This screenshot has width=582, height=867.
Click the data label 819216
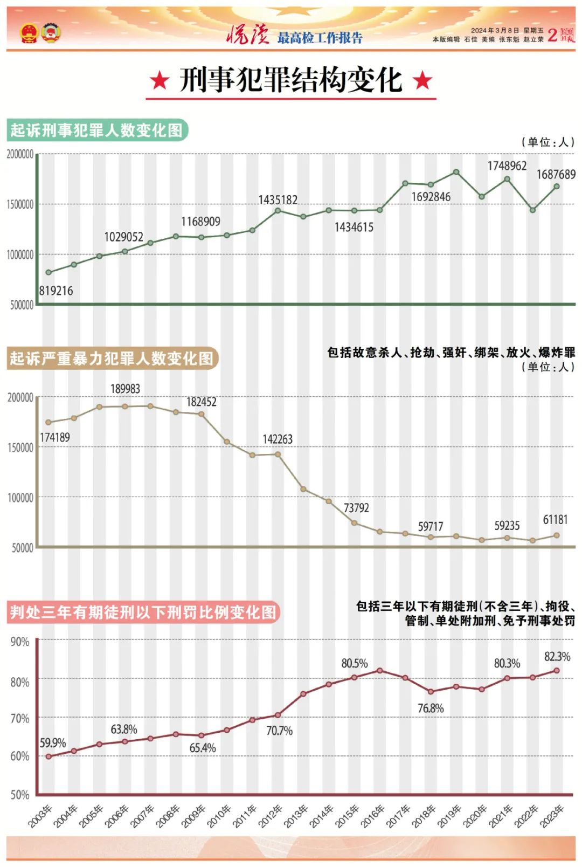click(x=56, y=291)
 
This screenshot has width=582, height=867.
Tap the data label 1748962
click(x=507, y=166)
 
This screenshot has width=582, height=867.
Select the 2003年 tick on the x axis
click(x=40, y=816)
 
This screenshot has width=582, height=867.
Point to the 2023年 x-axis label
click(x=552, y=816)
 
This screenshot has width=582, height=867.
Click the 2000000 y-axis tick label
click(x=20, y=154)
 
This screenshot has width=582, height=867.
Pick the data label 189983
click(x=125, y=389)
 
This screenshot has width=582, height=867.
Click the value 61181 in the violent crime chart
click(x=555, y=520)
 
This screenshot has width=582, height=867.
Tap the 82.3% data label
click(x=557, y=656)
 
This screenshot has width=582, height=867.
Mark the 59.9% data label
click(x=53, y=743)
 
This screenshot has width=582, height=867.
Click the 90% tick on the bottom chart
click(x=20, y=642)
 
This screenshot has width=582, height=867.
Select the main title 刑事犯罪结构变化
click(x=291, y=80)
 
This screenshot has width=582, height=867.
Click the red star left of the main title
click(x=160, y=81)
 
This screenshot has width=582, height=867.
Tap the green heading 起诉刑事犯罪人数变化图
click(x=97, y=130)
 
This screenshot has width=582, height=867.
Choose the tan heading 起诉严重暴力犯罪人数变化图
click(x=112, y=359)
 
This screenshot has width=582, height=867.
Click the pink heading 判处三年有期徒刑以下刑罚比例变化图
click(x=143, y=613)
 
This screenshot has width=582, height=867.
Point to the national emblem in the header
click(x=29, y=33)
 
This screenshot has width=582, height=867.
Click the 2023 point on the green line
click(x=557, y=187)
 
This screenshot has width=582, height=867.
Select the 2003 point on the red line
click(x=48, y=756)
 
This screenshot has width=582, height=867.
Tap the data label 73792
click(x=356, y=508)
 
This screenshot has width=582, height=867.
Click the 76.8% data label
click(x=431, y=708)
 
